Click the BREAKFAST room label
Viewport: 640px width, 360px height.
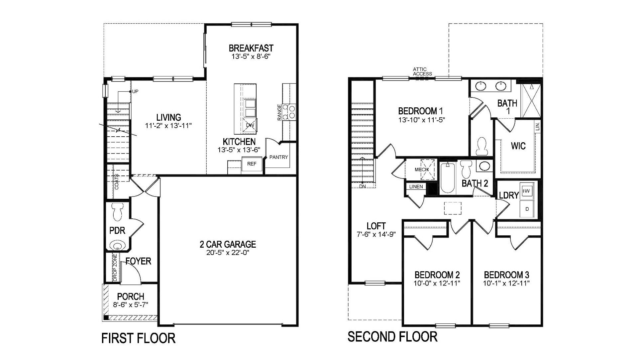pyautogui.click(x=251, y=48)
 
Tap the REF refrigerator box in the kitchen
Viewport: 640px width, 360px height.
pyautogui.click(x=252, y=164)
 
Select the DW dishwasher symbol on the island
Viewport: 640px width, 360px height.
pyautogui.click(x=250, y=125)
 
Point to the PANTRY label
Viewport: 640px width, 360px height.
pyautogui.click(x=278, y=157)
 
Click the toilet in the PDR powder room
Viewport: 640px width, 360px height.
pyautogui.click(x=118, y=212)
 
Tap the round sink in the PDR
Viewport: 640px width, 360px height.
pyautogui.click(x=117, y=246)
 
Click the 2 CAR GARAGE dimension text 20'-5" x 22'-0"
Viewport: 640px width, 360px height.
pyautogui.click(x=228, y=253)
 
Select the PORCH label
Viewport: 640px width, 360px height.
pyautogui.click(x=131, y=296)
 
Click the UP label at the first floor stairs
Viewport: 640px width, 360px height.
pyautogui.click(x=135, y=91)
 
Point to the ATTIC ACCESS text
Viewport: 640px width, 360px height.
pyautogui.click(x=422, y=71)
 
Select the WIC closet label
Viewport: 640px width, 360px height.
pyautogui.click(x=518, y=146)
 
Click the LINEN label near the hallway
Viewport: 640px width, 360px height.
pyautogui.click(x=416, y=186)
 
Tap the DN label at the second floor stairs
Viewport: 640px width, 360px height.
pyautogui.click(x=362, y=186)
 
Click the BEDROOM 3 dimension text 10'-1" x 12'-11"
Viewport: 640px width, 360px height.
pyautogui.click(x=506, y=283)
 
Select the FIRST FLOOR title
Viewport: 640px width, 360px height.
pyautogui.click(x=138, y=338)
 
